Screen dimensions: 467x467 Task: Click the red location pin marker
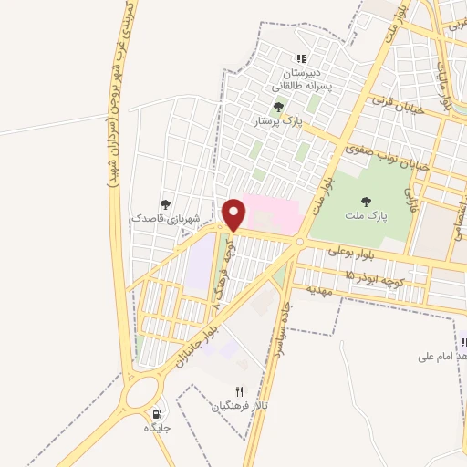tap(234, 214)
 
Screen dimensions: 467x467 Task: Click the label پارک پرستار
tap(279, 120)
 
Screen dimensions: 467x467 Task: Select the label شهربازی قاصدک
tap(166, 219)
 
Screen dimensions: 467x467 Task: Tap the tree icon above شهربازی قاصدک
tap(165, 204)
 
